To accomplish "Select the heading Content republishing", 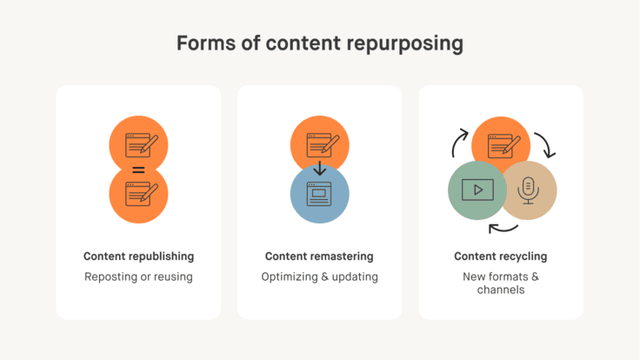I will point(138,257).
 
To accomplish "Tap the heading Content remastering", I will point(319,257).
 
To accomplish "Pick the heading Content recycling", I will point(500,257).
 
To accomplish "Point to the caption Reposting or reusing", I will point(138,277).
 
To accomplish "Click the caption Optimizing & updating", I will point(319,277).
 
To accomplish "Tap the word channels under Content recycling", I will point(500,290).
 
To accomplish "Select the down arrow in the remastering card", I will point(319,166).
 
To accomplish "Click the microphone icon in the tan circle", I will point(528,190).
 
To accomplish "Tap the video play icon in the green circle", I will point(477,190).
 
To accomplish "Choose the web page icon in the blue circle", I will point(319,192).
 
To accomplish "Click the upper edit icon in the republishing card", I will point(139,143).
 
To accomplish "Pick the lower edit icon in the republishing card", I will point(139,194).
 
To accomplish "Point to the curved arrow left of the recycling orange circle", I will point(459,142).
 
